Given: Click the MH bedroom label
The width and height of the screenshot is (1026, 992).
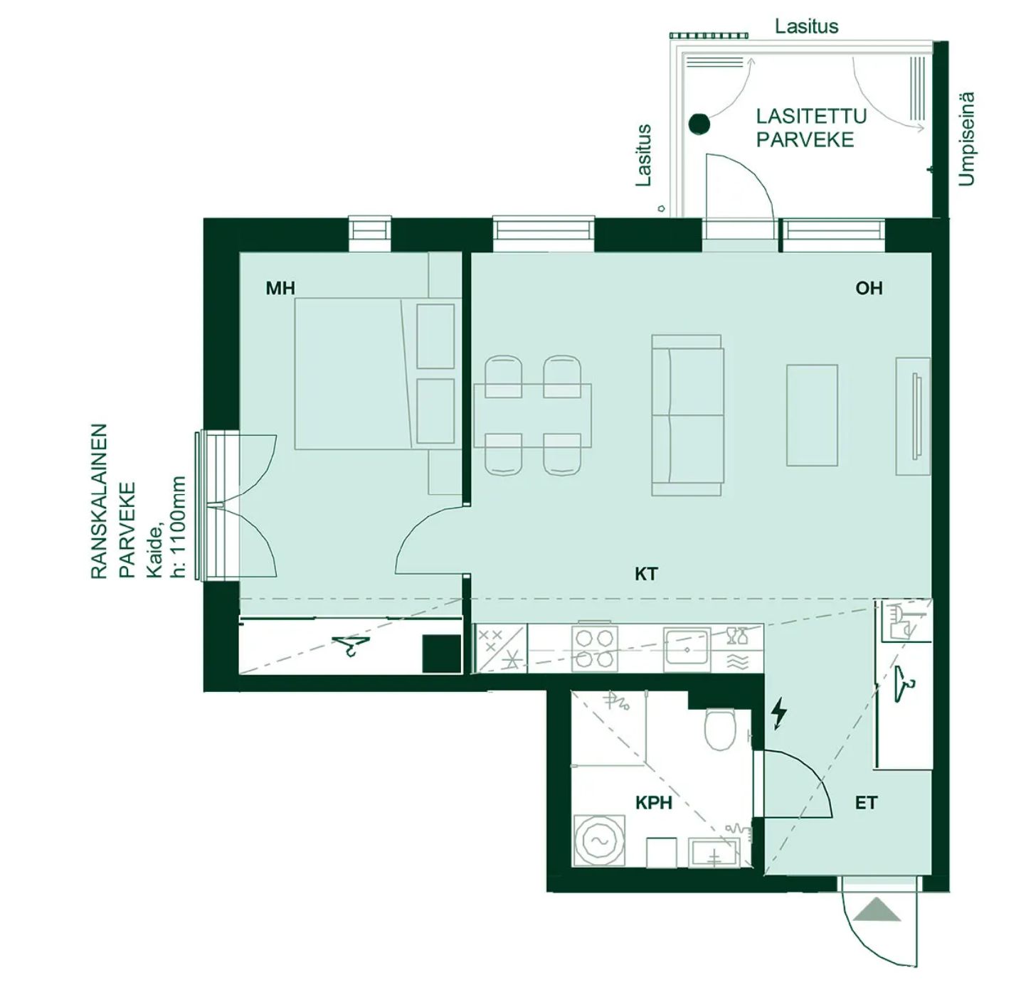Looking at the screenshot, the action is tap(280, 288).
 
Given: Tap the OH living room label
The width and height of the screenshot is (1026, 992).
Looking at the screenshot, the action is tap(869, 288).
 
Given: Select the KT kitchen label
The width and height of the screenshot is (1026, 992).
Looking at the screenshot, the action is tap(646, 574).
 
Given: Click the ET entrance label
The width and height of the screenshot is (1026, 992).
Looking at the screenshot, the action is tap(866, 803).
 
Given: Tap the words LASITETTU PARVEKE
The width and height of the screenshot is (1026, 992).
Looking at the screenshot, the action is tap(811, 128).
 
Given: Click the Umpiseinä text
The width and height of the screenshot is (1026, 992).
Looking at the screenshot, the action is tap(967, 139).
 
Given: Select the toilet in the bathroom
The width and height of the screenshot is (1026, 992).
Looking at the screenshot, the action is tap(719, 730).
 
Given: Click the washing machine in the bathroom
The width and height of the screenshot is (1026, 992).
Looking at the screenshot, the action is tap(600, 841).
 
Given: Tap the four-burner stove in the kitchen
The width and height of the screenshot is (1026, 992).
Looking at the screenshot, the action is tap(595, 649).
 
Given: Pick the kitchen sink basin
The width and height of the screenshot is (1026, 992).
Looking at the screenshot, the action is tap(687, 649).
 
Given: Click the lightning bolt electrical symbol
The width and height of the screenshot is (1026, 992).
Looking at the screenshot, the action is tap(778, 715).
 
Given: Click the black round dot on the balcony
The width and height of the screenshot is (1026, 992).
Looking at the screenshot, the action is tap(699, 124).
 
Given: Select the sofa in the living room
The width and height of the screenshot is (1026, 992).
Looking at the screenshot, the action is tap(687, 415).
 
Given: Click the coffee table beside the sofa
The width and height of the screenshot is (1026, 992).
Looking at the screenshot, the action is tap(812, 415).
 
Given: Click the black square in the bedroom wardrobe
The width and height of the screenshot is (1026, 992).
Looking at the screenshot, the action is tap(442, 654).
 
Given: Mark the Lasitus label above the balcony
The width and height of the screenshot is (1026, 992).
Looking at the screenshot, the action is tap(806, 26).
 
